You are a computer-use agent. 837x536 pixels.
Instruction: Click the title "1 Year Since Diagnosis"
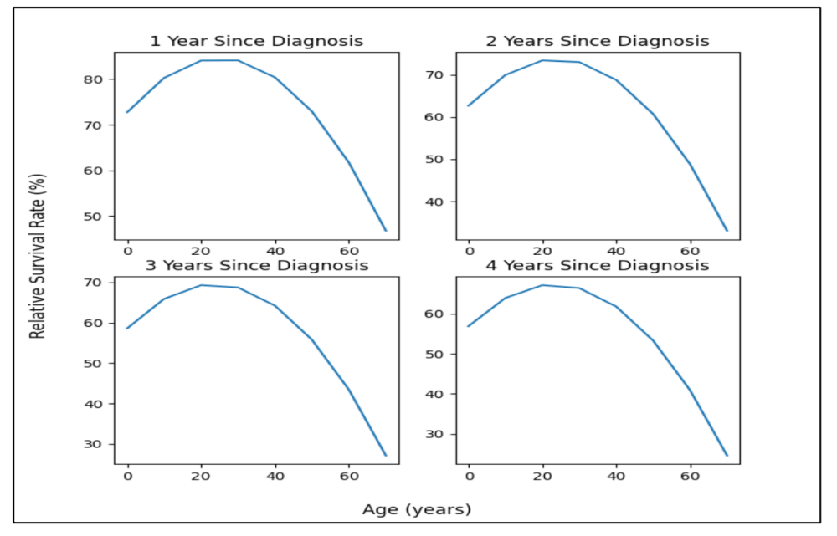pos(256,41)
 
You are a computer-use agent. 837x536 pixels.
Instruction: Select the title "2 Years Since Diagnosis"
pos(598,41)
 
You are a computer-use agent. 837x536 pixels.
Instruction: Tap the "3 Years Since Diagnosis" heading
pos(256,265)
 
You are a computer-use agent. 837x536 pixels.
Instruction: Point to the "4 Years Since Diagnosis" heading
pos(598,265)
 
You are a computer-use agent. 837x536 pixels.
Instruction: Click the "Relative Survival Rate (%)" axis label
pos(38,256)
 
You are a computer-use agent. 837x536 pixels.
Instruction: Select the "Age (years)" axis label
pos(417,508)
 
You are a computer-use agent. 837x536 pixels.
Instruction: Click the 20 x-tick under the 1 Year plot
pos(201,251)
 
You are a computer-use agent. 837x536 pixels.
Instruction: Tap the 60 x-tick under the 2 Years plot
pos(690,251)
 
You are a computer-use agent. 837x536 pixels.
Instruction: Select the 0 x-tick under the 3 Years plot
pos(127,476)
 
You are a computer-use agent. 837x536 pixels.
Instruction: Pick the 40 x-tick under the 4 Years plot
pos(616,476)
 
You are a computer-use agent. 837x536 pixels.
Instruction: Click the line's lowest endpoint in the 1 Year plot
pos(386,230)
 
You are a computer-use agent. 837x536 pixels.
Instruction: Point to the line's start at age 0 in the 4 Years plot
pos(469,326)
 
